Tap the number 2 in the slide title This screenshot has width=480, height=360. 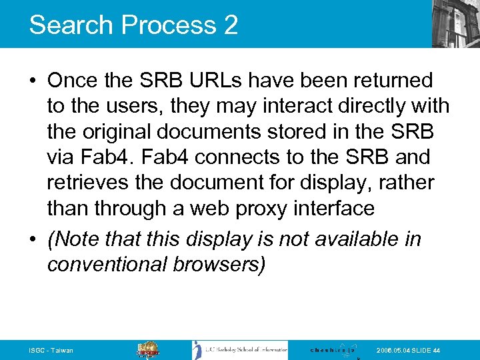pyautogui.click(x=230, y=25)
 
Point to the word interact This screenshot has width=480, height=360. pyautogui.click(x=298, y=107)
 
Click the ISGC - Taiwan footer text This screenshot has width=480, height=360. pyautogui.click(x=51, y=351)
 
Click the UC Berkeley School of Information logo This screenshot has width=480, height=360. pyautogui.click(x=240, y=350)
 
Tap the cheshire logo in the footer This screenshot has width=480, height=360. pyautogui.click(x=333, y=349)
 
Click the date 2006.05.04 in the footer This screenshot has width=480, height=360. pyautogui.click(x=394, y=351)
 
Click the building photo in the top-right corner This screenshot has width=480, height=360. pyautogui.click(x=456, y=23)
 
